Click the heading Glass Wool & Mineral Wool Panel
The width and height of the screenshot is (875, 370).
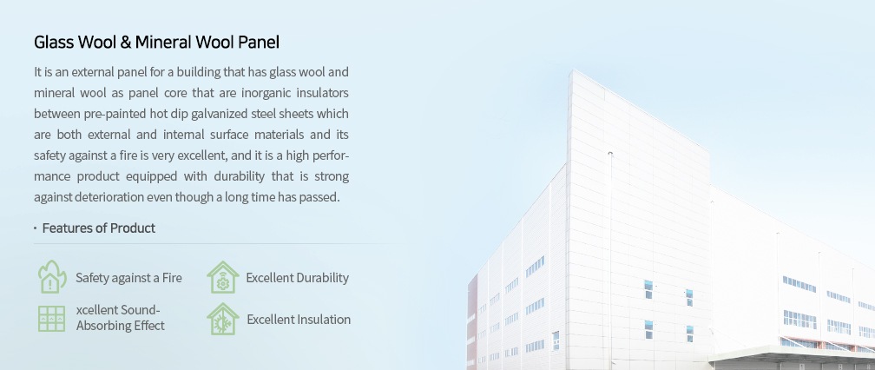[x=156, y=43]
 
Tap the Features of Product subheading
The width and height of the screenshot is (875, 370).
[x=99, y=228]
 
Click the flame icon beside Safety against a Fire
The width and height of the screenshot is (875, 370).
[x=52, y=277]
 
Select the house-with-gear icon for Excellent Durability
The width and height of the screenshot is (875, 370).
[x=222, y=277]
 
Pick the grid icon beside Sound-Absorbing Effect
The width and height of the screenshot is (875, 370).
[x=51, y=319]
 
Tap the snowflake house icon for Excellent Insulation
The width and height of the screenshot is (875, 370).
[x=222, y=320]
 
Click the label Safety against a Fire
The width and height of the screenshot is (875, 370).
[x=128, y=278]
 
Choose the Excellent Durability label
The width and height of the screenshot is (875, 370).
[x=298, y=278]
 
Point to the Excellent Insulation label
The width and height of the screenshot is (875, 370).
[x=299, y=320]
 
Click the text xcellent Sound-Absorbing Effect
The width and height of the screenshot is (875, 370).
[x=120, y=318]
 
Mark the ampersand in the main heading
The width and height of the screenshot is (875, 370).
[x=126, y=43]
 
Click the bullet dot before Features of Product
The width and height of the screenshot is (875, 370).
[x=35, y=228]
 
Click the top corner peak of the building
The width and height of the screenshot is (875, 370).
[x=570, y=69]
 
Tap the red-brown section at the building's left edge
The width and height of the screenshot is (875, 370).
[x=472, y=320]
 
